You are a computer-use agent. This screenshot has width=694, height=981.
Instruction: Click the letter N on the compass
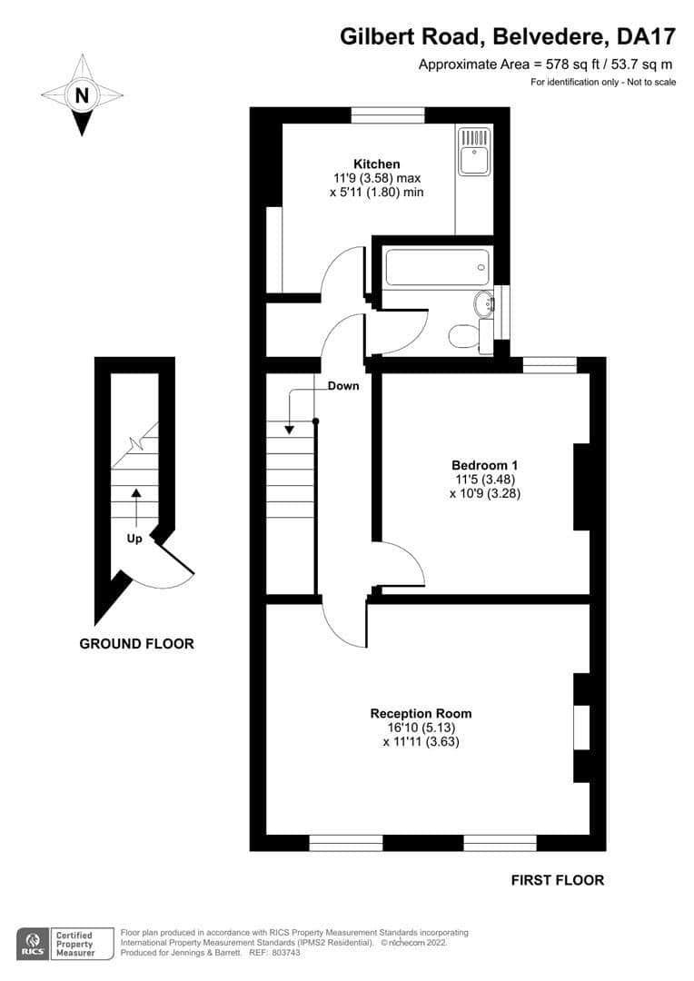pyautogui.click(x=82, y=95)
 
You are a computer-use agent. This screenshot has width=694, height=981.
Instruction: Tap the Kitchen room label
pyautogui.click(x=377, y=163)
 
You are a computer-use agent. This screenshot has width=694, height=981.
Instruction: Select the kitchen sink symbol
pyautogui.click(x=474, y=152)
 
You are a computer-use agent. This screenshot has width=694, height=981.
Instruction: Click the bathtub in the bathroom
pyautogui.click(x=437, y=268)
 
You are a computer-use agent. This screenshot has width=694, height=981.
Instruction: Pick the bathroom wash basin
pyautogui.click(x=484, y=304)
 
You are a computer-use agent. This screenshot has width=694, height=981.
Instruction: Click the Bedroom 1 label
pyautogui.click(x=485, y=465)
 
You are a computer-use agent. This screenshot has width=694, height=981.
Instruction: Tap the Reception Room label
pyautogui.click(x=421, y=713)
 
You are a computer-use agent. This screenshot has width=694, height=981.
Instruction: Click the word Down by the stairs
pyautogui.click(x=343, y=386)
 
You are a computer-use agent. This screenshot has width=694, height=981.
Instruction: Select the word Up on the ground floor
pyautogui.click(x=134, y=538)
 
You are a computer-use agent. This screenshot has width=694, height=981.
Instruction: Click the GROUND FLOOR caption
pyautogui.click(x=136, y=644)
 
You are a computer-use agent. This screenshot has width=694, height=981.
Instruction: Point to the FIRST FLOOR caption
pyautogui.click(x=558, y=880)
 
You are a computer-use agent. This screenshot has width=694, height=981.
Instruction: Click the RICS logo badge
pyautogui.click(x=33, y=944)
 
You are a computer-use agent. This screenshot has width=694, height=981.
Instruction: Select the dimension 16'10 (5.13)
pyautogui.click(x=421, y=728)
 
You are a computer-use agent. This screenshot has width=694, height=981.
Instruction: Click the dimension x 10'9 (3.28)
pyautogui.click(x=485, y=493)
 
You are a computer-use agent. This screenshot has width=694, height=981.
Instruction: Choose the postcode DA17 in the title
pyautogui.click(x=646, y=36)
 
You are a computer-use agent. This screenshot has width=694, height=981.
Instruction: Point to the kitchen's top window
pyautogui.click(x=388, y=115)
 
